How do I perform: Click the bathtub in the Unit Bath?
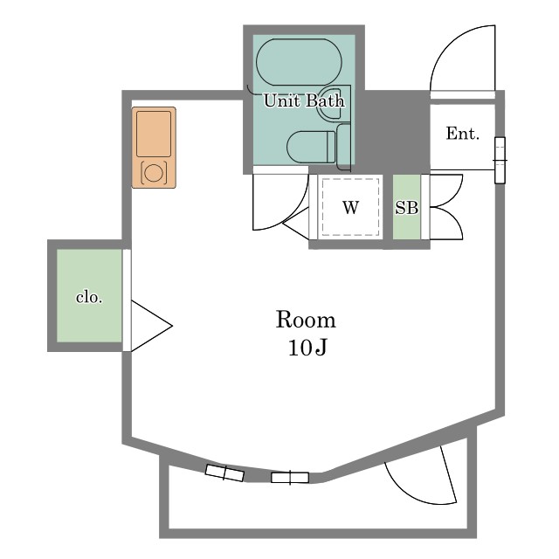coord(299,62)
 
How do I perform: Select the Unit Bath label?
coord(304,101)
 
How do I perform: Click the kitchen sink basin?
coord(154,134)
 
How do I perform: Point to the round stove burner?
coord(154,173)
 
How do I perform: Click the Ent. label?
coord(462,134)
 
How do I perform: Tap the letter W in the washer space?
coord(350,208)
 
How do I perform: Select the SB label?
coord(407,208)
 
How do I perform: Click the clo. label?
coord(89,297)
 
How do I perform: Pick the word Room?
coord(306,320)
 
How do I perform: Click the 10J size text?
coord(307,348)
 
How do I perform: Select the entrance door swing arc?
coord(463,59)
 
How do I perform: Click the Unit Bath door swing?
coord(280,202)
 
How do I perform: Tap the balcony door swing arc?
coord(421,475)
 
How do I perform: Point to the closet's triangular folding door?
coord(152,326)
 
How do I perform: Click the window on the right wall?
coord(500,161)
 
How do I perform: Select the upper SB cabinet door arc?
coord(446,190)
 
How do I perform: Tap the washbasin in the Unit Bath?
coord(330,104)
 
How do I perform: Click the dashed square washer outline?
coord(350,207)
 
